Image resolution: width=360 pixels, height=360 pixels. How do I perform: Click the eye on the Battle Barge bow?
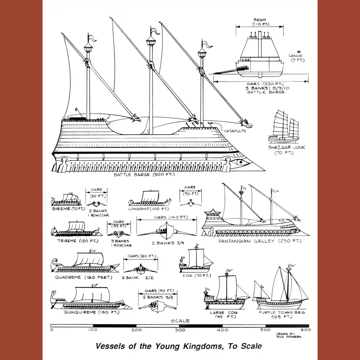[240, 162]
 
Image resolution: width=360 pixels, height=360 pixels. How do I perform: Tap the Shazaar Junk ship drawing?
[284, 127]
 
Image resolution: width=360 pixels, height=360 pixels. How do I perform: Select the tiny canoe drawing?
[299, 51]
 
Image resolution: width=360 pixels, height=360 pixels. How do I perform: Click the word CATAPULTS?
[235, 131]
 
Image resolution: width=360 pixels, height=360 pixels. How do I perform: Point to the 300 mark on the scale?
[180, 330]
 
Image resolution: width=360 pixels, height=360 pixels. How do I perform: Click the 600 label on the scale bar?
[306, 330]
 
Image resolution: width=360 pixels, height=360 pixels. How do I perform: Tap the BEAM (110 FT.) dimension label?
[260, 22]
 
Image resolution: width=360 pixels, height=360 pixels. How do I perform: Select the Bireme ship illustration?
[66, 199]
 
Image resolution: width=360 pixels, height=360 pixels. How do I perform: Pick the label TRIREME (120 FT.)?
[78, 241]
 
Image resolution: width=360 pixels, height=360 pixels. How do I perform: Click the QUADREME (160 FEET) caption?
[84, 277]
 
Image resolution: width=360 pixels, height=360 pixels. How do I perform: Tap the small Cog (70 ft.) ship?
[196, 258]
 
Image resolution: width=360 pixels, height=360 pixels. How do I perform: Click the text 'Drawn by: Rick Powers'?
[289, 335]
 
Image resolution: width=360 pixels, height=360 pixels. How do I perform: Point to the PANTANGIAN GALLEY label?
[246, 241]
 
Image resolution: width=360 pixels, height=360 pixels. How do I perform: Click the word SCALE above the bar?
[180, 321]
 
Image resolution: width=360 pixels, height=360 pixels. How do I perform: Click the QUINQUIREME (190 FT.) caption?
[92, 312]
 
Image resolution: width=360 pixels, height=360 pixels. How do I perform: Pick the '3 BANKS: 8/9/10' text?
[267, 88]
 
